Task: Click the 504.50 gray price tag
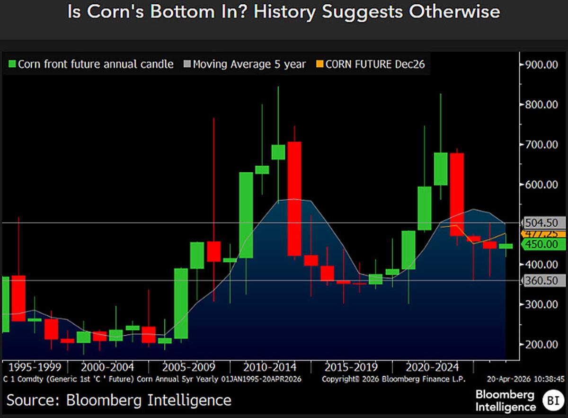tap(544, 223)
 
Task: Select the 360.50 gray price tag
tap(544, 281)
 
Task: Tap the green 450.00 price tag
tap(544, 244)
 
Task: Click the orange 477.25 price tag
tap(544, 234)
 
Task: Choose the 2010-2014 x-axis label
tap(270, 367)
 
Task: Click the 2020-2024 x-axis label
tap(433, 367)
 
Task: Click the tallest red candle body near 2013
tap(294, 198)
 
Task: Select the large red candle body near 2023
tap(457, 194)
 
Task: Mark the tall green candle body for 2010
tap(246, 215)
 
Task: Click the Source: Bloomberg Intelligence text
tap(119, 400)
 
